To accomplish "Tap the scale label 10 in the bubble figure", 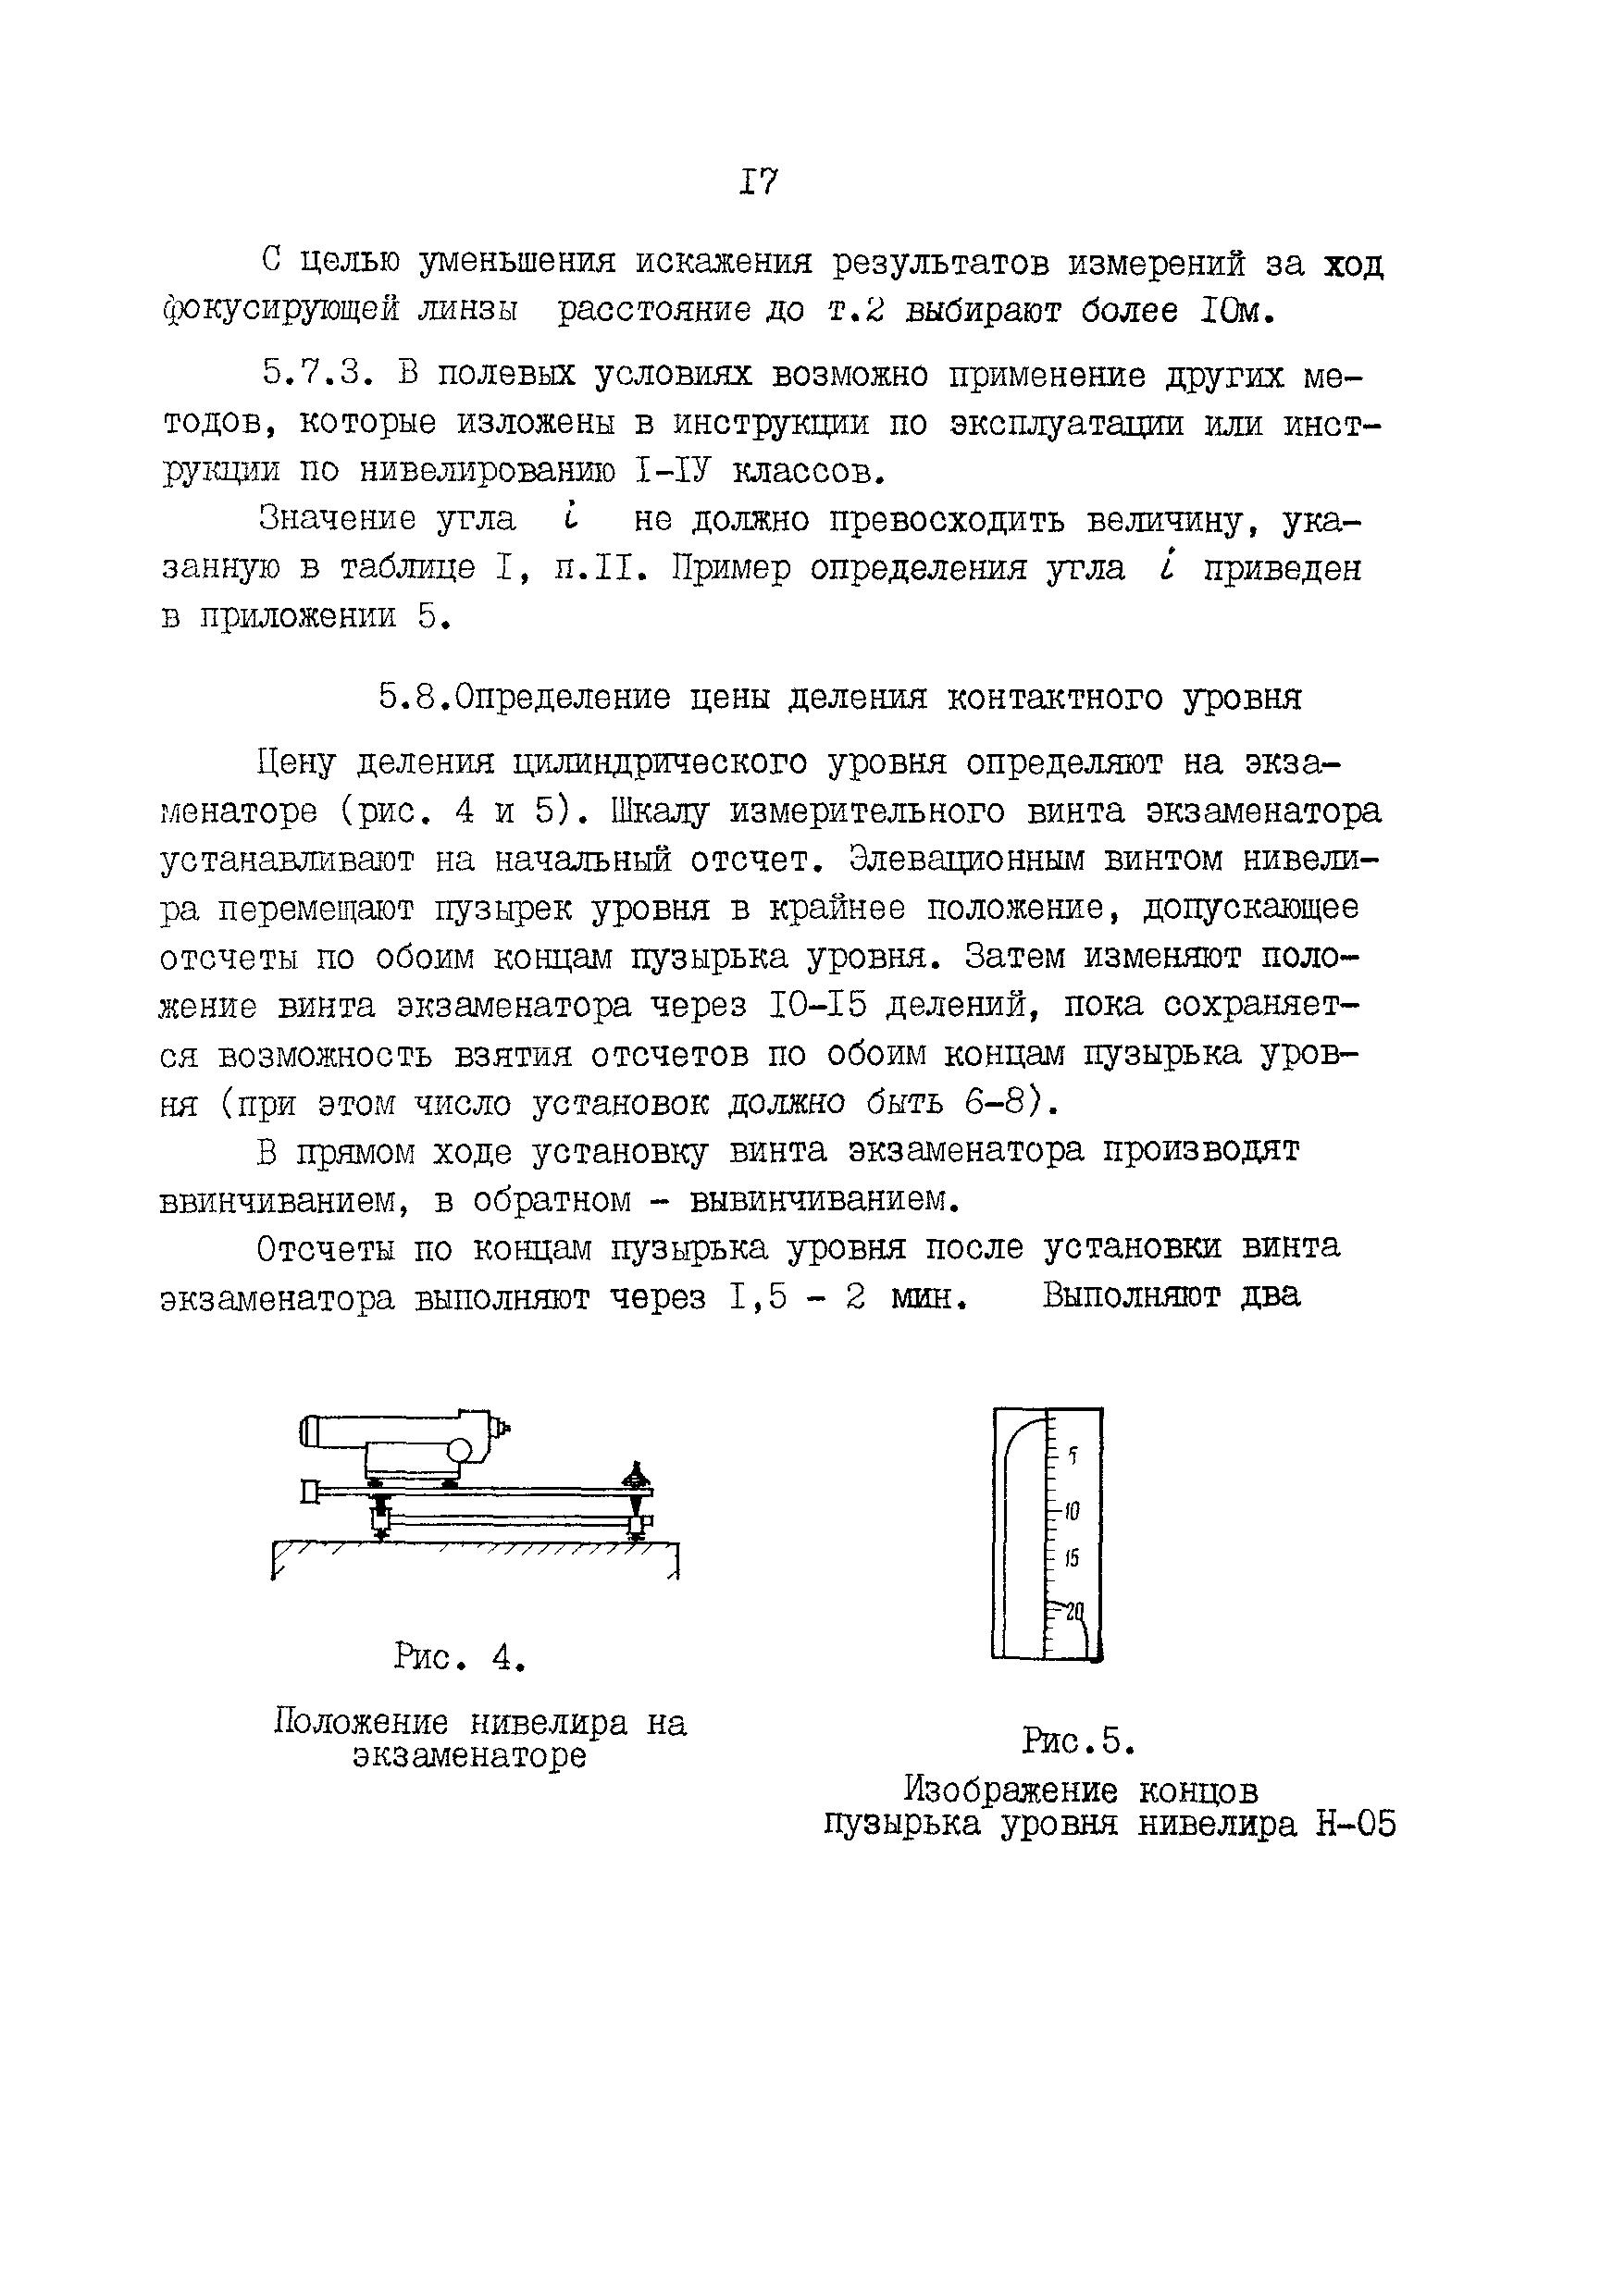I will (x=1071, y=1512).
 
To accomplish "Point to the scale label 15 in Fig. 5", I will (x=1071, y=1558).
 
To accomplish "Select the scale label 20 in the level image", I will (x=1073, y=1611).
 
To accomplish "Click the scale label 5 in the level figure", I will (x=1072, y=1456).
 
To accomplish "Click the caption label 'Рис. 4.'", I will (x=459, y=1656).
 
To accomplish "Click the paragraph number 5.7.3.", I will (x=318, y=374).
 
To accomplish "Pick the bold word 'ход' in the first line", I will (x=1354, y=265).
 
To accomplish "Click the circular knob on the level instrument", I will (x=459, y=1450).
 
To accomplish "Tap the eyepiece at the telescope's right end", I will (x=503, y=1430).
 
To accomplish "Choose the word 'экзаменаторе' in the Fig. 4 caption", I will (x=469, y=1756).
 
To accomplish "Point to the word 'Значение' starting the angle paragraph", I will (x=338, y=519).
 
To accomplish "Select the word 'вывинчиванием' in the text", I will (x=823, y=1201).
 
